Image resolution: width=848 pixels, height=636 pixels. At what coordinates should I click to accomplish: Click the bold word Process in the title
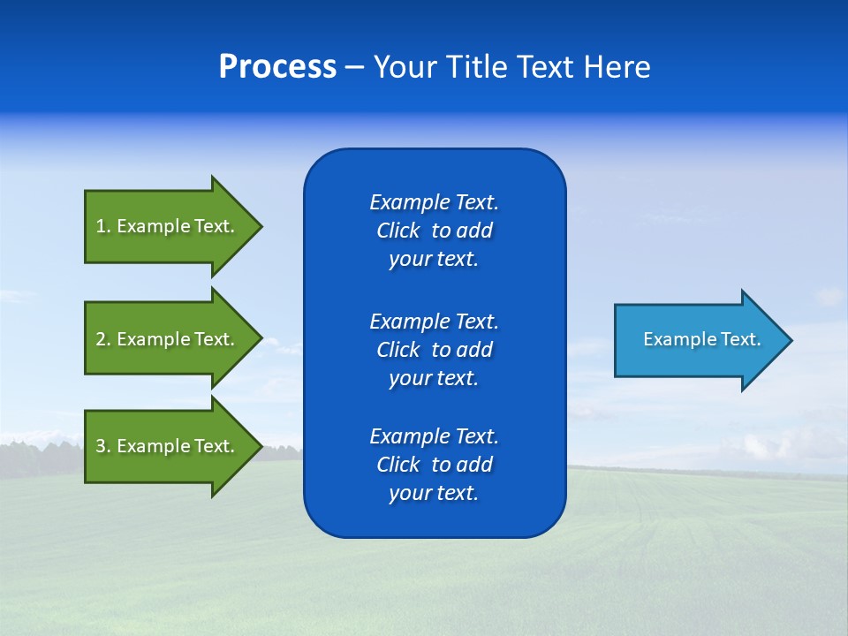click(277, 67)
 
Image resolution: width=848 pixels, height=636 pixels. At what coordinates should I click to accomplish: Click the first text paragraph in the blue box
click(434, 231)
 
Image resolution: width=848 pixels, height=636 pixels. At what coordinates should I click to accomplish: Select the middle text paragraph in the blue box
click(434, 349)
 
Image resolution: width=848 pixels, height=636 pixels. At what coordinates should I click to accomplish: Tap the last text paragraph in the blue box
click(434, 465)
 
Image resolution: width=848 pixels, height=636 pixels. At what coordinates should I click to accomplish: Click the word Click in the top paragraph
click(397, 231)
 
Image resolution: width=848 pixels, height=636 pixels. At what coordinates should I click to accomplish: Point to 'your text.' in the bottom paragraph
click(434, 493)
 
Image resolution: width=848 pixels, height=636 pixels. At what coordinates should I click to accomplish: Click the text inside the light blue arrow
click(701, 339)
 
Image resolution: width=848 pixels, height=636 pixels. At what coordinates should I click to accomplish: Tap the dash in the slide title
click(354, 68)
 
